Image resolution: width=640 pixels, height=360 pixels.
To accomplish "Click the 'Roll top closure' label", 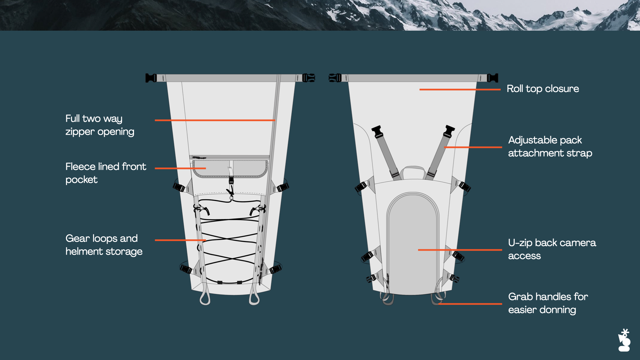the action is click(543, 89).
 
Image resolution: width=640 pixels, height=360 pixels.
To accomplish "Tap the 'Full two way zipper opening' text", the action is click(100, 125).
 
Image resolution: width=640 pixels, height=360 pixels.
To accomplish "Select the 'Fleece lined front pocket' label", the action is click(106, 173).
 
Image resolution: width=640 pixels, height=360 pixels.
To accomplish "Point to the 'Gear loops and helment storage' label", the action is click(104, 245).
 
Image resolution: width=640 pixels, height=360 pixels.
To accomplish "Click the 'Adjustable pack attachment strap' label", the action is click(550, 146).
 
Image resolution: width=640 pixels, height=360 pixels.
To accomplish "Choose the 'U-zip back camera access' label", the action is click(552, 249).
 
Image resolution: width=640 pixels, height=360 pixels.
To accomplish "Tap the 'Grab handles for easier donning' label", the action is click(548, 303).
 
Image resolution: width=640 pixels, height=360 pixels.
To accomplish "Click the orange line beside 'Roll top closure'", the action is click(460, 89).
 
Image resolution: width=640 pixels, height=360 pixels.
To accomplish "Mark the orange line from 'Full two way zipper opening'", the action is click(215, 120).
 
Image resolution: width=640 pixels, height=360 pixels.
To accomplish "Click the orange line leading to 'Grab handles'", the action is click(470, 304).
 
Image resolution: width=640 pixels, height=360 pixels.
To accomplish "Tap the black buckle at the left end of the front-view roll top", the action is click(151, 78).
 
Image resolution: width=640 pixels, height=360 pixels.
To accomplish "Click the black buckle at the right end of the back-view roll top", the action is click(492, 78).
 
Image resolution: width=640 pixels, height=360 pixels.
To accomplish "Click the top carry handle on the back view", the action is click(413, 168).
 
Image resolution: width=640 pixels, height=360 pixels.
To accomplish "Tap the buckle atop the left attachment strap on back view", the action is click(377, 131).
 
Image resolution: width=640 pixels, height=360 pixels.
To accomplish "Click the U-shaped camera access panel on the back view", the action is click(413, 243).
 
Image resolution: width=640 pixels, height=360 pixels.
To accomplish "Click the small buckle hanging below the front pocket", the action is click(231, 180).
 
